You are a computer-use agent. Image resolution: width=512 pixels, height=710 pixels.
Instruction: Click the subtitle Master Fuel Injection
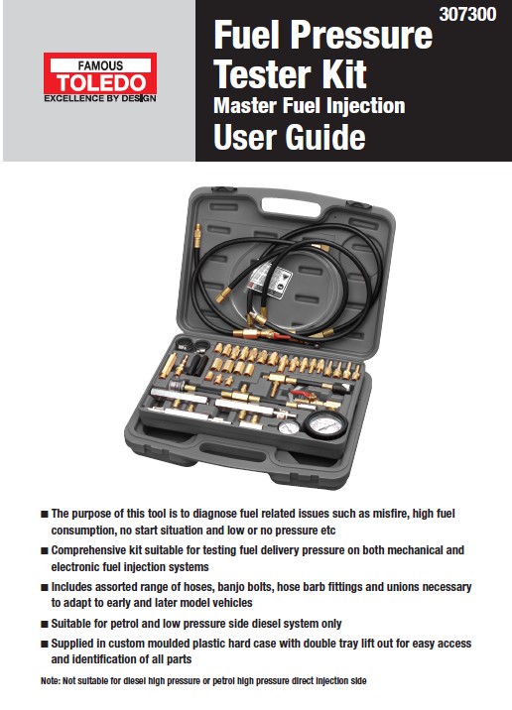pos(309,104)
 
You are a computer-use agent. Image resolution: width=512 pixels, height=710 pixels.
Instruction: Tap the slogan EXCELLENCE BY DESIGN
pos(99,98)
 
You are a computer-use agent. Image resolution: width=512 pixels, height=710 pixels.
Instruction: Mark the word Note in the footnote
pos(50,680)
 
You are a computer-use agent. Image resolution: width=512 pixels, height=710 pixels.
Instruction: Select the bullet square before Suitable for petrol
pos(45,624)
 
